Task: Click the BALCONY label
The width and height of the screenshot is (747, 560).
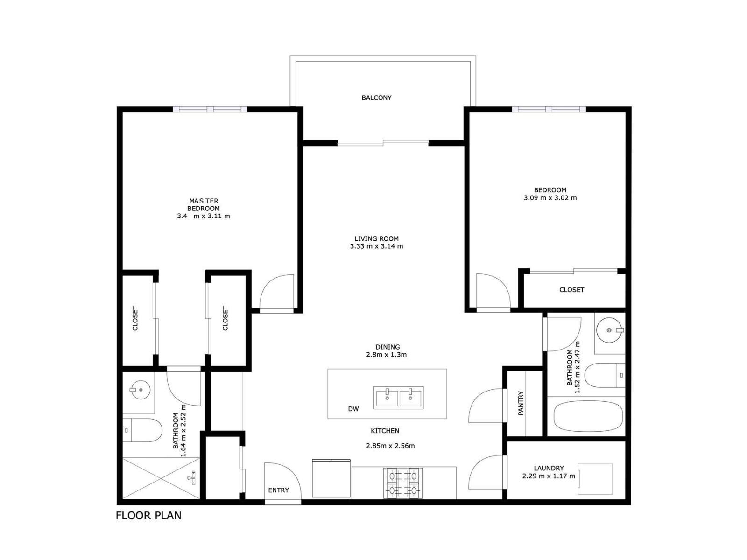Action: click(376, 98)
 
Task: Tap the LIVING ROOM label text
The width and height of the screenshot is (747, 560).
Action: click(376, 238)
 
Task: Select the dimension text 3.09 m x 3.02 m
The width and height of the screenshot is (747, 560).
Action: click(550, 198)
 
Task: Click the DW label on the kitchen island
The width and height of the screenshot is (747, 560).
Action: click(353, 409)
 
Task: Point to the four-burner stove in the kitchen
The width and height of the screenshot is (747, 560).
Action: click(403, 483)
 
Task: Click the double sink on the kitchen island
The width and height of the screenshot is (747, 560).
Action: click(399, 398)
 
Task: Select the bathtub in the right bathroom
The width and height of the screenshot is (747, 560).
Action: click(588, 416)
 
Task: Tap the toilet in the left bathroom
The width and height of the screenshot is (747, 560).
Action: click(142, 430)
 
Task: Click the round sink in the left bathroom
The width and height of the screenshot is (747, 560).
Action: click(139, 389)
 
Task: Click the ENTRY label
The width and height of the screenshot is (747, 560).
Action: click(278, 490)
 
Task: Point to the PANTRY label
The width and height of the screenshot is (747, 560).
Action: click(521, 403)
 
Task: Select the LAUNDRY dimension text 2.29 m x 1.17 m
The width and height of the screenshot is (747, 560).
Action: click(548, 476)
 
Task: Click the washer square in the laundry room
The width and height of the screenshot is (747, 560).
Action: click(595, 479)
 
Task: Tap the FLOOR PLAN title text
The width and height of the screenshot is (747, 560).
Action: click(148, 516)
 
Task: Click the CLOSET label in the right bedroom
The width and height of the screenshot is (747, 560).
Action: click(571, 290)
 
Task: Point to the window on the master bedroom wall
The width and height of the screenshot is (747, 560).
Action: click(210, 109)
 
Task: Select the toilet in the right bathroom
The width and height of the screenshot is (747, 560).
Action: click(604, 376)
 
